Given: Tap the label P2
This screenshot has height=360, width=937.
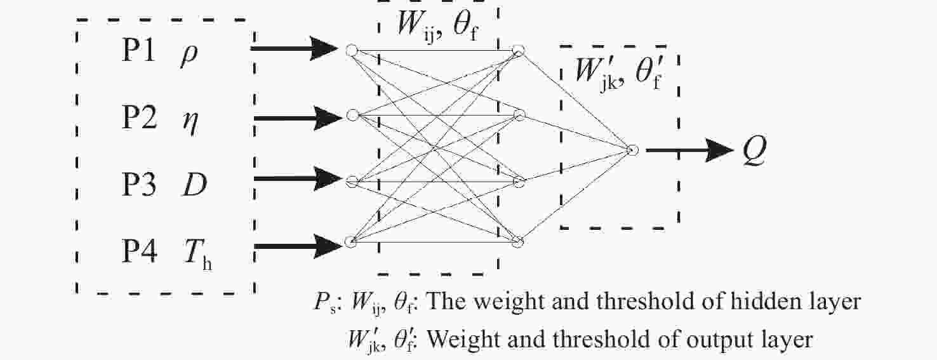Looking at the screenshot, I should coord(138,117).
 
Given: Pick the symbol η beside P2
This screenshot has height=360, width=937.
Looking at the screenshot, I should coord(189,121).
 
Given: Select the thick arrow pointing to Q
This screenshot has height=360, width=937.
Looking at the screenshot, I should coord(689,150).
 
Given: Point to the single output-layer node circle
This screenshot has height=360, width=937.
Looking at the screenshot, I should coord(632,150).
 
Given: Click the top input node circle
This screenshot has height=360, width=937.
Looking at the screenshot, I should coord(350,50).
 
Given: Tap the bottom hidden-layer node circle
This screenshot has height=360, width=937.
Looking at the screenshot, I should coord(519,242).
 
